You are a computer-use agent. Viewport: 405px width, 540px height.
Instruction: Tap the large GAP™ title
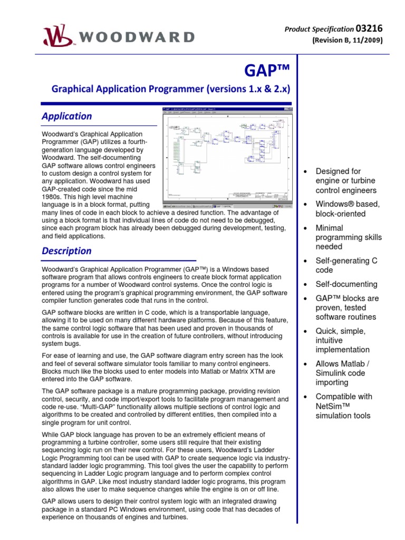point(268,71)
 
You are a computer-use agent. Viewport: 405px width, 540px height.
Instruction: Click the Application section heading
point(66,116)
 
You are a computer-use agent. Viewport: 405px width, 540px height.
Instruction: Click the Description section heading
point(66,251)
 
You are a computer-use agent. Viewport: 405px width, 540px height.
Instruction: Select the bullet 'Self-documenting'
point(346,284)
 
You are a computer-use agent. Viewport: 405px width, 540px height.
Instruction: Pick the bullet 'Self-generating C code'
point(346,266)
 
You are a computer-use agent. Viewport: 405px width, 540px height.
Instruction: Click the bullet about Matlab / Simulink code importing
point(343,373)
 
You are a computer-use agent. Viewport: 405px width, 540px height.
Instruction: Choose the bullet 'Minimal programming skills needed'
point(348,237)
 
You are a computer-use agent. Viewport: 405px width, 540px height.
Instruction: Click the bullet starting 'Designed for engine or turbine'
point(345,180)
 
